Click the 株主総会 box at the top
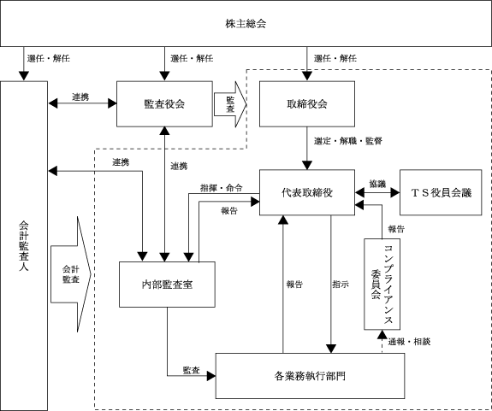(246, 23)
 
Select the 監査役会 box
(164, 104)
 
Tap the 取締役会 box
(307, 104)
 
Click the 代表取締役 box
(307, 192)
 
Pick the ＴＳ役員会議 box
(441, 192)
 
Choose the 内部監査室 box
(167, 285)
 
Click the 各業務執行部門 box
(310, 376)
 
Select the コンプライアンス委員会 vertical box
(382, 285)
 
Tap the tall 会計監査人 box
(24, 246)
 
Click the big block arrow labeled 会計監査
(71, 274)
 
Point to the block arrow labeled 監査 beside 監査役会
(230, 104)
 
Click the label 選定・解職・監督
(348, 141)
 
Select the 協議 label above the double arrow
(377, 184)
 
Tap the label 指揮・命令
(222, 188)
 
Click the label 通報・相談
(409, 342)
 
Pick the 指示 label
(341, 285)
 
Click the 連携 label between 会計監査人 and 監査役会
(80, 97)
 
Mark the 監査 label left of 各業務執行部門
(192, 370)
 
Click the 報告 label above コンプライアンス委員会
(396, 229)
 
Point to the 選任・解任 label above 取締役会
(335, 58)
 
